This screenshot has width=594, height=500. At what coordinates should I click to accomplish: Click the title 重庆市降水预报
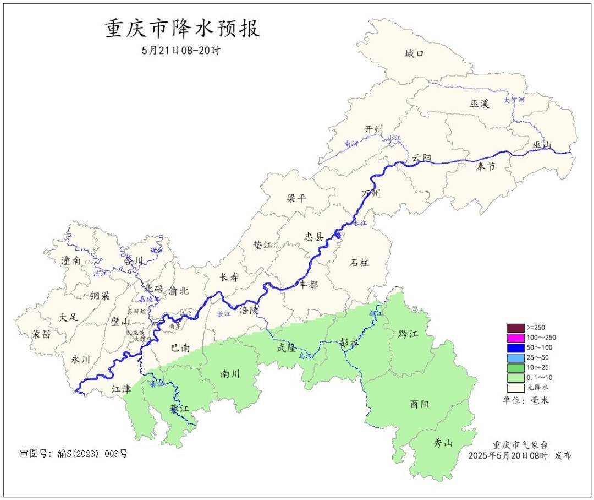click(x=182, y=29)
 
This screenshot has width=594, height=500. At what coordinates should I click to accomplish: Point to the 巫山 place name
click(x=542, y=145)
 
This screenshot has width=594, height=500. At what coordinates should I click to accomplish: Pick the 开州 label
click(x=373, y=129)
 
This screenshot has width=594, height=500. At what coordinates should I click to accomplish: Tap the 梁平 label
click(x=296, y=198)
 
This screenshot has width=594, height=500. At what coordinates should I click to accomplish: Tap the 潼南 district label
click(x=71, y=260)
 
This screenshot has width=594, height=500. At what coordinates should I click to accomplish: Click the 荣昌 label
click(x=41, y=334)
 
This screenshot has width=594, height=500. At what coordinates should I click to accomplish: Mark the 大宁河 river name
click(x=514, y=100)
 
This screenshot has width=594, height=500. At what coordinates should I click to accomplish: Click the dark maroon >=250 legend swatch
click(x=516, y=327)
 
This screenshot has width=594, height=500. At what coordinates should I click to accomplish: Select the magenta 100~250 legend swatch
click(x=516, y=338)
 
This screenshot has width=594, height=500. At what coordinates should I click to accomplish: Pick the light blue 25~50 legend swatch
click(x=516, y=358)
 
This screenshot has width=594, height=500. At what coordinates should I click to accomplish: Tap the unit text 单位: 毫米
click(x=525, y=400)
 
